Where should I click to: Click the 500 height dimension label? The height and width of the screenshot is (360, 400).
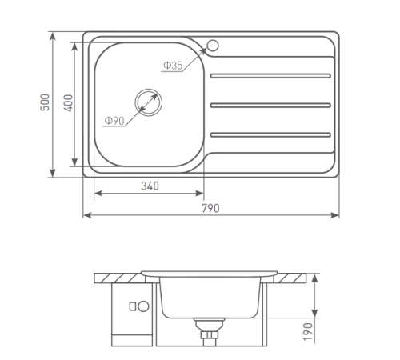tap(46, 103)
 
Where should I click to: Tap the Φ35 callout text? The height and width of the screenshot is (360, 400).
tap(174, 66)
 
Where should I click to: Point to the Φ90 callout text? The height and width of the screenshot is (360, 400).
tap(113, 121)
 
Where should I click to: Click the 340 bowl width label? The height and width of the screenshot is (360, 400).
tap(150, 186)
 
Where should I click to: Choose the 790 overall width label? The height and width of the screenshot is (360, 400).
tap(210, 207)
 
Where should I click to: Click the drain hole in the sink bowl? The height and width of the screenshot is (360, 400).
tap(148, 101)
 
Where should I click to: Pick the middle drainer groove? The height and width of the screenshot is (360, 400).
tap(269, 105)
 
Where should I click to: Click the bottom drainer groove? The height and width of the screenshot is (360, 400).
tap(269, 133)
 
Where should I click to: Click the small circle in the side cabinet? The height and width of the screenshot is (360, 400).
tap(145, 306)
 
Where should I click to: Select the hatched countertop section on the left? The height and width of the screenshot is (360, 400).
tap(117, 277)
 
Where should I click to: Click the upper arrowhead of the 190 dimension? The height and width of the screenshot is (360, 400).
tap(317, 275)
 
